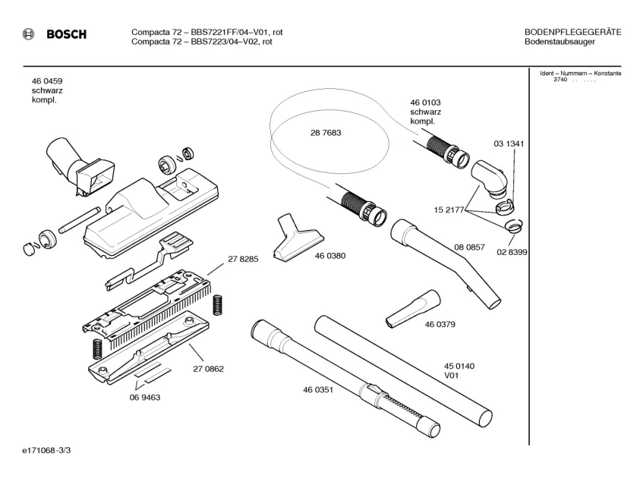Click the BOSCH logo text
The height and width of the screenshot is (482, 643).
pyautogui.click(x=66, y=35)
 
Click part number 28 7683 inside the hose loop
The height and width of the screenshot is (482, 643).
pyautogui.click(x=325, y=133)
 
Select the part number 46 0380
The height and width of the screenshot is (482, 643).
pyautogui.click(x=329, y=256)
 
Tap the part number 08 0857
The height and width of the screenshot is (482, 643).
pyautogui.click(x=469, y=248)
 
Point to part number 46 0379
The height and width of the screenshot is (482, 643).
pyautogui.click(x=440, y=325)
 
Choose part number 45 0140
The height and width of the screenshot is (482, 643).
pyautogui.click(x=459, y=367)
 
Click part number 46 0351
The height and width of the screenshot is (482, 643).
pyautogui.click(x=319, y=390)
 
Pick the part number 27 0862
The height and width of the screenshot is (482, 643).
pyautogui.click(x=208, y=370)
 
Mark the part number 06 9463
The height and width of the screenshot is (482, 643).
pyautogui.click(x=144, y=397)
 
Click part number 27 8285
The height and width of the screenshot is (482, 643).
pyautogui.click(x=243, y=260)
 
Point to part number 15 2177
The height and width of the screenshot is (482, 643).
pyautogui.click(x=449, y=209)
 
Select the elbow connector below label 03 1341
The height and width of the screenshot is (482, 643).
pyautogui.click(x=487, y=179)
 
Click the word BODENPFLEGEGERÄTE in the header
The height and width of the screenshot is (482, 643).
pyautogui.click(x=572, y=32)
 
